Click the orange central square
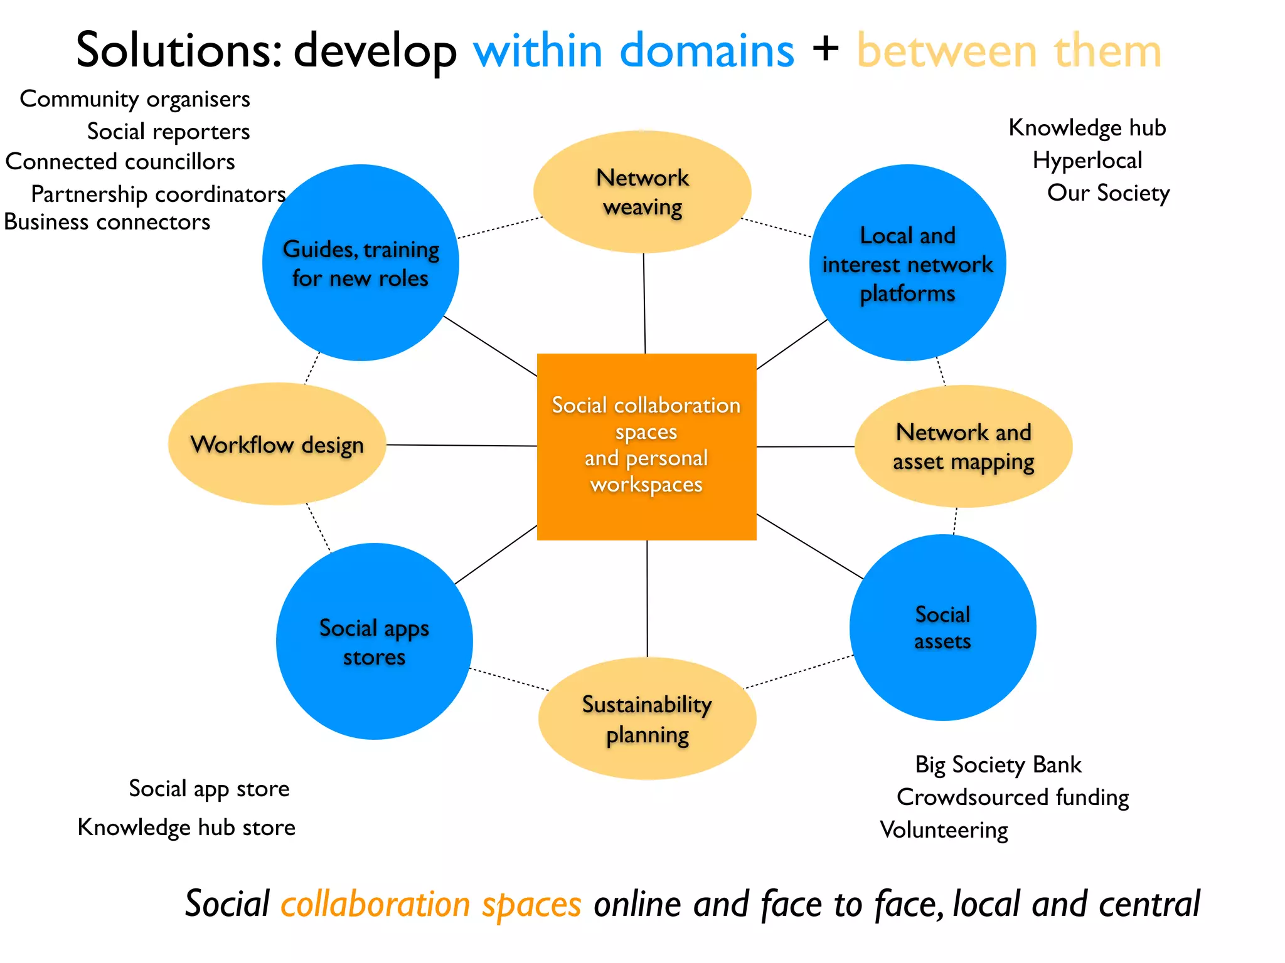click(646, 446)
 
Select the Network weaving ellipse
click(642, 192)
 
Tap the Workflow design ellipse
click(277, 444)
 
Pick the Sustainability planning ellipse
click(647, 718)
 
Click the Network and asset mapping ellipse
click(963, 446)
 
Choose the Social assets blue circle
click(942, 628)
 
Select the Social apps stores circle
click(374, 641)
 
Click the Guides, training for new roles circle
click(360, 263)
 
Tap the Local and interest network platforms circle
click(907, 263)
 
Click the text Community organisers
click(135, 99)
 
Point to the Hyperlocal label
click(1087, 160)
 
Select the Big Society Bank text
click(998, 765)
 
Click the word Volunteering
click(944, 830)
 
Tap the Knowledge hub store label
click(186, 828)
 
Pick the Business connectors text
click(107, 222)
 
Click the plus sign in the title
click(825, 49)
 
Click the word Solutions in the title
click(178, 50)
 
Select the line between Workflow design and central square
click(461, 445)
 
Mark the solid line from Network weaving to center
click(644, 303)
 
